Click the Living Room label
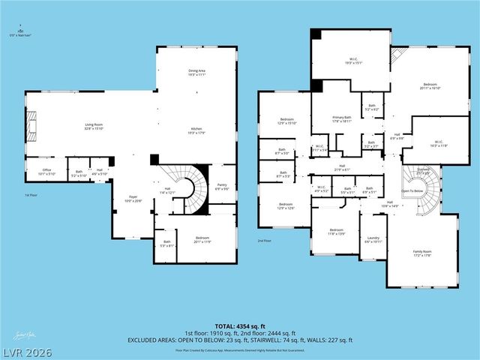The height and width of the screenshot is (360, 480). pos(92,126)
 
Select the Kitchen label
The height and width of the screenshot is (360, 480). pos(196,131)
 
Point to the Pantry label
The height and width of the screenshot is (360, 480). pos(222,186)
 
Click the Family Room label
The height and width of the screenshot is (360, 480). pos(422,253)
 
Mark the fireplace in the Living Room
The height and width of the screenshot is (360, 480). pos(31,126)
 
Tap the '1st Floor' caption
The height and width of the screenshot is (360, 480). pos(31,195)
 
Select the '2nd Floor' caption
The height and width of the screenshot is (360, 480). pos(264,241)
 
